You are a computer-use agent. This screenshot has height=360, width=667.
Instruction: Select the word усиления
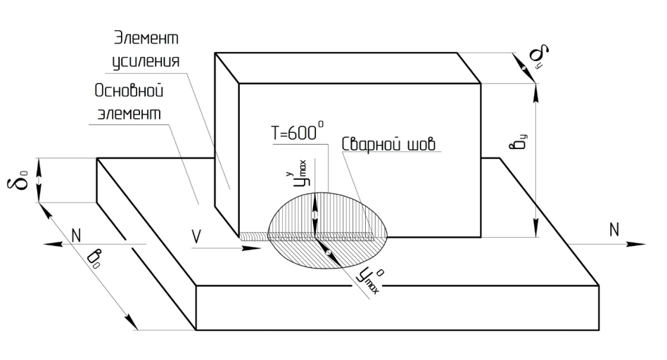(x=146, y=61)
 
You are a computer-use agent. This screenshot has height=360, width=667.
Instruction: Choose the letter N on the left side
(x=77, y=235)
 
